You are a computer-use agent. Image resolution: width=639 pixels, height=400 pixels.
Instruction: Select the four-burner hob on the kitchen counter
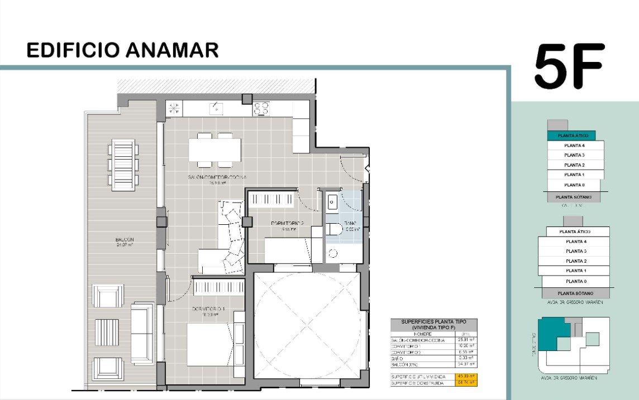(x=261, y=108)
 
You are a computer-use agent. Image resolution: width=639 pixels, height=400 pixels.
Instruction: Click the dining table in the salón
(x=214, y=150)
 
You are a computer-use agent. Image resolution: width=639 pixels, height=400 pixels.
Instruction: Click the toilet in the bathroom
(x=335, y=229)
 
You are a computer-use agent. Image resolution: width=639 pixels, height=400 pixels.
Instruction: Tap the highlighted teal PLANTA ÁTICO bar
(x=570, y=136)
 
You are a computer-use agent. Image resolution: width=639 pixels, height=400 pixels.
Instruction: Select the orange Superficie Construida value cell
(x=466, y=384)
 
